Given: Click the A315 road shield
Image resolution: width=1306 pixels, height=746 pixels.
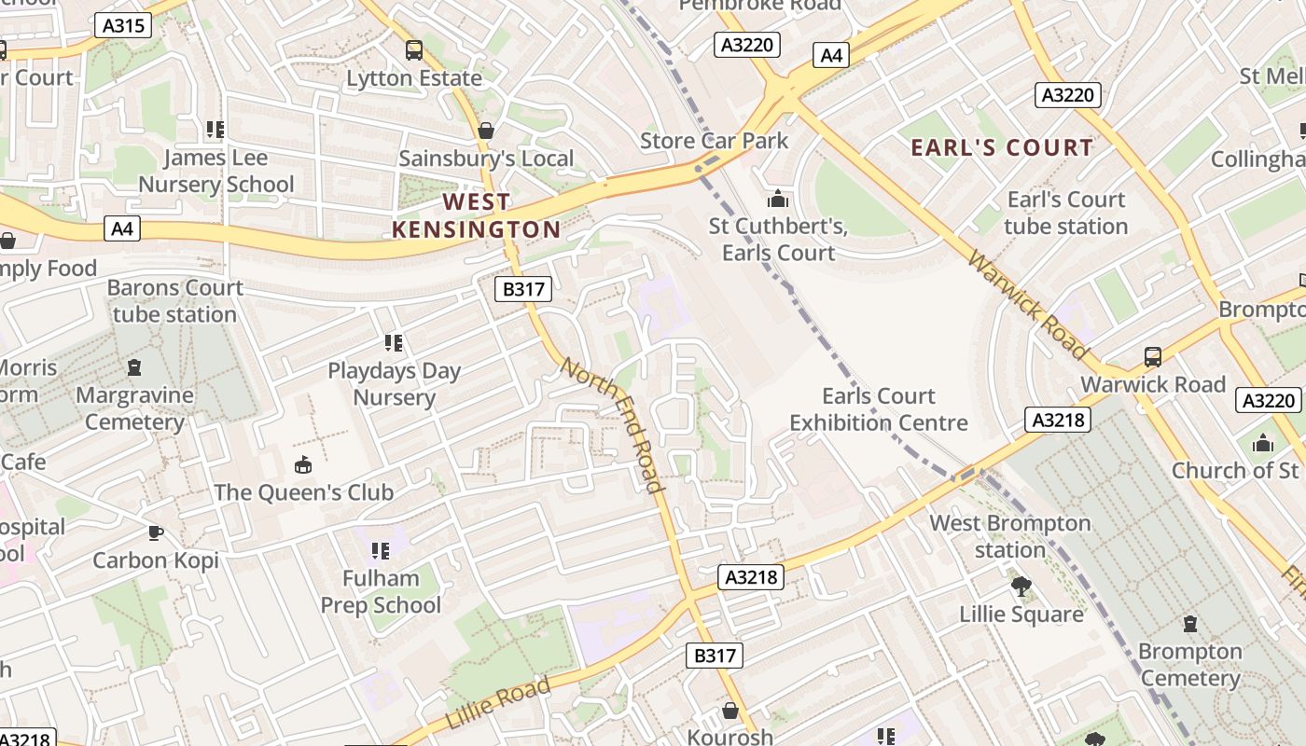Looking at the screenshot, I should tap(123, 25).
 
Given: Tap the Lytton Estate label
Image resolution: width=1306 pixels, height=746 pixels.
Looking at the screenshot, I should tap(413, 78).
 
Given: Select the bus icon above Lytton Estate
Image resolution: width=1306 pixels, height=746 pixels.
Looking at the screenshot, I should tap(413, 50).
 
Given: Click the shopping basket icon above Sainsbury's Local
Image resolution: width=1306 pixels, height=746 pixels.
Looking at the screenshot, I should tap(485, 131).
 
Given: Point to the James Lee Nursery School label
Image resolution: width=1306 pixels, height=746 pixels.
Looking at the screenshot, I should tap(215, 172).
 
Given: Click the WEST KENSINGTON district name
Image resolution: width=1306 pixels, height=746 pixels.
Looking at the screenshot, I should tap(476, 215).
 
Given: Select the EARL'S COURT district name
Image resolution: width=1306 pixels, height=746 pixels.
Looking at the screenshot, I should tap(1001, 147).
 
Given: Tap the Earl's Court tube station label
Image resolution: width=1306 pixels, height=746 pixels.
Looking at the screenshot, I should tap(1065, 213).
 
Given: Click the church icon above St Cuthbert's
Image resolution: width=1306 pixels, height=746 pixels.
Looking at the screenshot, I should tap(777, 199).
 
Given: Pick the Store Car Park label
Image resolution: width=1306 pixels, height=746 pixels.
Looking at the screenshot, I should tap(714, 141).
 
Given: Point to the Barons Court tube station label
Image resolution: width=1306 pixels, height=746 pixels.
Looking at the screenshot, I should tap(174, 300).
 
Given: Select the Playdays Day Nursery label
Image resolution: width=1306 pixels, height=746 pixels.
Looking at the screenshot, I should tap(394, 384).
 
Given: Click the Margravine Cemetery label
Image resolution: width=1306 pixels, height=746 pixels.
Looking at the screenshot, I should tap(134, 408).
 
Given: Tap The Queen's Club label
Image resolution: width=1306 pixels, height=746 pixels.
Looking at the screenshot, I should tap(303, 492).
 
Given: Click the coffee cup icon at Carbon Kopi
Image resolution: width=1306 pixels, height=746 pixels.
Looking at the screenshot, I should tap(156, 532).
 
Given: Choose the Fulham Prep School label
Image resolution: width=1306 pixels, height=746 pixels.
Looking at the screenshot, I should tap(380, 591).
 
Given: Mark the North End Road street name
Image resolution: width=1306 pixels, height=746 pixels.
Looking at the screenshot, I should tap(612, 424).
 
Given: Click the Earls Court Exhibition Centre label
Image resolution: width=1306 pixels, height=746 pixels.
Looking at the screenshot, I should tap(878, 409).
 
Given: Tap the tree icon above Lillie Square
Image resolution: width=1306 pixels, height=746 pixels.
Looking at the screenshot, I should tap(1021, 587).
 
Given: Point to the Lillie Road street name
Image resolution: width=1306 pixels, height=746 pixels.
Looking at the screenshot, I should tap(498, 704).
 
